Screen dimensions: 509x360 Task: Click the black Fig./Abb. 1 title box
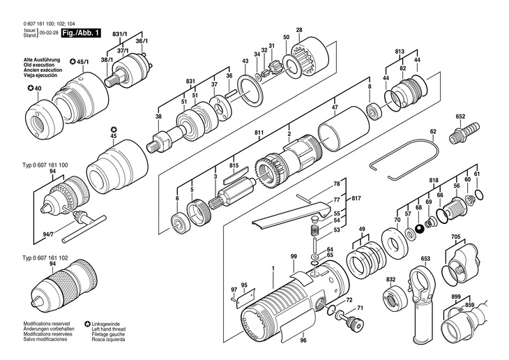(81, 33)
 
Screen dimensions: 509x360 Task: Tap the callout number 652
(460, 117)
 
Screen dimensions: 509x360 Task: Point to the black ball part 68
(420, 229)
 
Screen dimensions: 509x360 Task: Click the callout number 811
(259, 133)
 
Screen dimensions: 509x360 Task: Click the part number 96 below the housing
(303, 340)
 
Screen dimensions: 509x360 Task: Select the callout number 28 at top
(299, 30)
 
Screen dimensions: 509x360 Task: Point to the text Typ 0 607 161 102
(45, 258)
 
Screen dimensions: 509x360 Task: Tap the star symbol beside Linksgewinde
(87, 324)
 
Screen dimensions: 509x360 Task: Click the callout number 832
(391, 280)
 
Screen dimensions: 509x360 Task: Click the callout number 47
(335, 107)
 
